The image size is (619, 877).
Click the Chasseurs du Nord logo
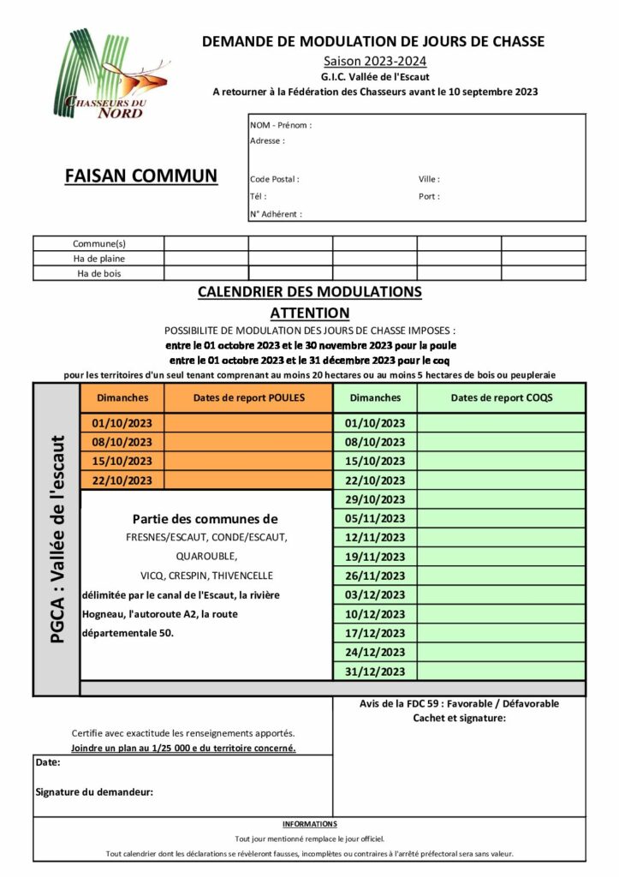[109, 75]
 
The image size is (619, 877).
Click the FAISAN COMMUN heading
[141, 176]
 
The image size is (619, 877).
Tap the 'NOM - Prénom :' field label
[281, 125]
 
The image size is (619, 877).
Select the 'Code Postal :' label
[275, 180]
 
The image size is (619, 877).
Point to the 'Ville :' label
[429, 180]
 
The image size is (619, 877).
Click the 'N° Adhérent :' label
[276, 214]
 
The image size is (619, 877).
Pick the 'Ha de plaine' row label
[98, 258]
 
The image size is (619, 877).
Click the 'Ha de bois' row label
[98, 273]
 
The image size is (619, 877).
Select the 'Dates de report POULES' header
[248, 397]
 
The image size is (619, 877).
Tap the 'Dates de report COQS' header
[501, 397]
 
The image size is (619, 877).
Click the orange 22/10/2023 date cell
[122, 480]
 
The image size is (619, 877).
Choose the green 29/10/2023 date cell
[375, 499]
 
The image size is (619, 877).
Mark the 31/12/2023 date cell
[375, 671]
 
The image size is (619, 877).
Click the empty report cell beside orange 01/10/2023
[247, 423]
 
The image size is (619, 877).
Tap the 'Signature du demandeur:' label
[94, 792]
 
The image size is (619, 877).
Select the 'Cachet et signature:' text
[459, 718]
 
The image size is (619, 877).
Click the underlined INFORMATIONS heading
[309, 824]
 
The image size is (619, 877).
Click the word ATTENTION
[309, 313]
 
